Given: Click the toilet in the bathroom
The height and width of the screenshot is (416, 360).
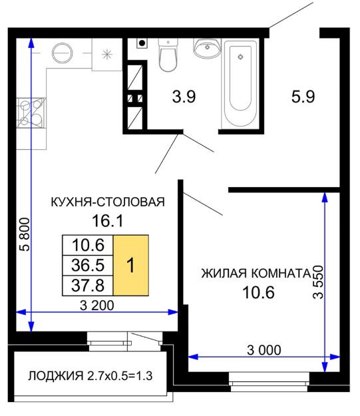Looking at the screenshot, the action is pyautogui.click(x=168, y=55).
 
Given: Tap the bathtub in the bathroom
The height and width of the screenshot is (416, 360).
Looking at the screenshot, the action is pyautogui.click(x=240, y=83).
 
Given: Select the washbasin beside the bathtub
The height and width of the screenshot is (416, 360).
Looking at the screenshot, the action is pyautogui.click(x=207, y=48).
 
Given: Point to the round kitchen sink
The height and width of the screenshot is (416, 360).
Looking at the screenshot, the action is pyautogui.click(x=63, y=53).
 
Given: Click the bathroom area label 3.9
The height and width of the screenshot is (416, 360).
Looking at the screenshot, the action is pyautogui.click(x=184, y=97).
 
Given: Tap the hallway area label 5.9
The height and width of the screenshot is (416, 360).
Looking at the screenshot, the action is pyautogui.click(x=303, y=97).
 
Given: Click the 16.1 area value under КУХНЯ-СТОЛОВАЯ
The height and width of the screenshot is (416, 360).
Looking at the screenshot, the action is pyautogui.click(x=108, y=221).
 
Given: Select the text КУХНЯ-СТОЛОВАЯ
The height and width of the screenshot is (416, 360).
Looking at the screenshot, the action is pyautogui.click(x=108, y=202).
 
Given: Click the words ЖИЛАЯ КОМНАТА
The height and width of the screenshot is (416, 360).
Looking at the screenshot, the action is pyautogui.click(x=256, y=274).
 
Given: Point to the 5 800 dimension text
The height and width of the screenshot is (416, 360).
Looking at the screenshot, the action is pyautogui.click(x=25, y=234).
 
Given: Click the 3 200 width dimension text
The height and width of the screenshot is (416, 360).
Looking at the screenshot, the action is pyautogui.click(x=97, y=306).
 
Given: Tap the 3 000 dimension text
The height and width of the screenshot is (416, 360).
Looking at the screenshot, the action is pyautogui.click(x=264, y=350).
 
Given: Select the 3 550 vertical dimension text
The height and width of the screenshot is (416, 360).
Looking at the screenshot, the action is pyautogui.click(x=318, y=282).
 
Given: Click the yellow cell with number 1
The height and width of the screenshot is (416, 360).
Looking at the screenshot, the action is pyautogui.click(x=131, y=265).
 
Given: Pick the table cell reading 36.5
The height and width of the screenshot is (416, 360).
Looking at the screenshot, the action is pyautogui.click(x=88, y=266).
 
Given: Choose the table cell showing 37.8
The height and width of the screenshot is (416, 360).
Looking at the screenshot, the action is pyautogui.click(x=88, y=286).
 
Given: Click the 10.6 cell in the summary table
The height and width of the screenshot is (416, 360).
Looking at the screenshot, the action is pyautogui.click(x=88, y=245).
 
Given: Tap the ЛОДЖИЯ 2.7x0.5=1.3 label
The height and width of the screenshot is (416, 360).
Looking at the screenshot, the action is pyautogui.click(x=90, y=376).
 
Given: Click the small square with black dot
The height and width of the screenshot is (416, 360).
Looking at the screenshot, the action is pyautogui.click(x=142, y=43).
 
